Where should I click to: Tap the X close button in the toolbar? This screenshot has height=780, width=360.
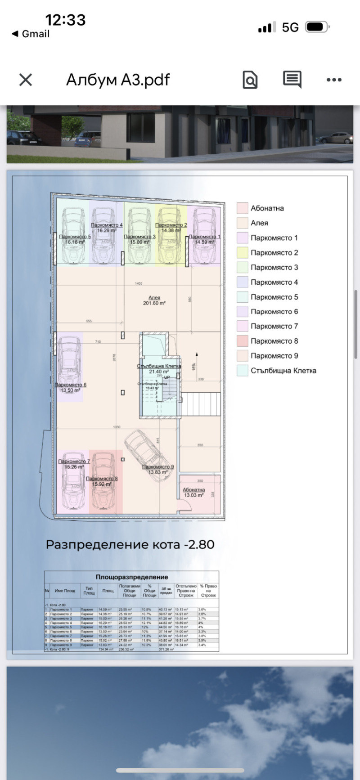[26, 80]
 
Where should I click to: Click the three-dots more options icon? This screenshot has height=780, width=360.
[334, 80]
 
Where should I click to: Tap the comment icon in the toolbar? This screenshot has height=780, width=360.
[292, 80]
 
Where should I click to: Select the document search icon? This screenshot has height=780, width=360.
[250, 80]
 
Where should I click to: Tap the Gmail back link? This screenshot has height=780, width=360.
[31, 34]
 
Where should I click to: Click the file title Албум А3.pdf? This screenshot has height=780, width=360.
[118, 80]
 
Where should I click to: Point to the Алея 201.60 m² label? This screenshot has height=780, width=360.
[154, 300]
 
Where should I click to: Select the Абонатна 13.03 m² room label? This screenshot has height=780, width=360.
[193, 492]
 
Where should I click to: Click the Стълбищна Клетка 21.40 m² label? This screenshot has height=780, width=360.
[159, 369]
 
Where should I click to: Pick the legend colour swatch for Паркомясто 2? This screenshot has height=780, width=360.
[243, 252]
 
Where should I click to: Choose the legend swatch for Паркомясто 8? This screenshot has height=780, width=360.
[243, 341]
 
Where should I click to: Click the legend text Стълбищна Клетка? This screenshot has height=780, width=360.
[283, 371]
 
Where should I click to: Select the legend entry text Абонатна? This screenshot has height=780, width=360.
[267, 208]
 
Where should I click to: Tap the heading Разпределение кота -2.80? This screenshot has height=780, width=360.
[130, 544]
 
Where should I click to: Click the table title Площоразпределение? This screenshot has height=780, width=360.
[132, 577]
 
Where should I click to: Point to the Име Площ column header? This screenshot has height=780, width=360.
[65, 591]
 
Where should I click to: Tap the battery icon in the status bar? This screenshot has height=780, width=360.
[317, 27]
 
